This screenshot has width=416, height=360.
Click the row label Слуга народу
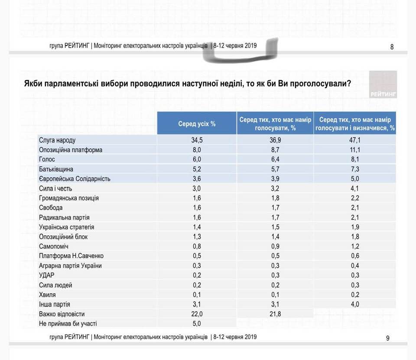[x=57, y=140]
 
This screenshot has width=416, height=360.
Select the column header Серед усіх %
[x=197, y=124]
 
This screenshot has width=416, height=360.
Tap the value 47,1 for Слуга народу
[x=355, y=140]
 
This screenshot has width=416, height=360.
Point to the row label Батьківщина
[x=56, y=169]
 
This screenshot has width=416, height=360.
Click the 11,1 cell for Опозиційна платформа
[x=355, y=150]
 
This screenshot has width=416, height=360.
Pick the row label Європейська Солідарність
[x=75, y=179]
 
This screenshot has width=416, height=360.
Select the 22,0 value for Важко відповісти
[x=197, y=314]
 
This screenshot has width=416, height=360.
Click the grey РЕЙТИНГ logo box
[x=383, y=84]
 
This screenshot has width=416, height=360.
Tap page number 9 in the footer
[x=387, y=338]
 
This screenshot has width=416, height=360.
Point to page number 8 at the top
[x=392, y=47]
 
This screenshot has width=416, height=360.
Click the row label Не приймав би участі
[x=68, y=324]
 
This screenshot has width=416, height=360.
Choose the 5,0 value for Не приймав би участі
[x=197, y=324]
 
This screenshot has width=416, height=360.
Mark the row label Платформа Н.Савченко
[x=71, y=256]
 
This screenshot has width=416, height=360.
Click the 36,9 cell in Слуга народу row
[x=275, y=140]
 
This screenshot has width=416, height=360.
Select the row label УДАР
[x=47, y=276]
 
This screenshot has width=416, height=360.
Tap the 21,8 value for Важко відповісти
[x=275, y=314]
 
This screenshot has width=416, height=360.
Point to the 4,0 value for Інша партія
[x=355, y=304]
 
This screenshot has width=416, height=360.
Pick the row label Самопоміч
[x=54, y=246]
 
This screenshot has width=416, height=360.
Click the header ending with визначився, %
[x=355, y=124]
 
